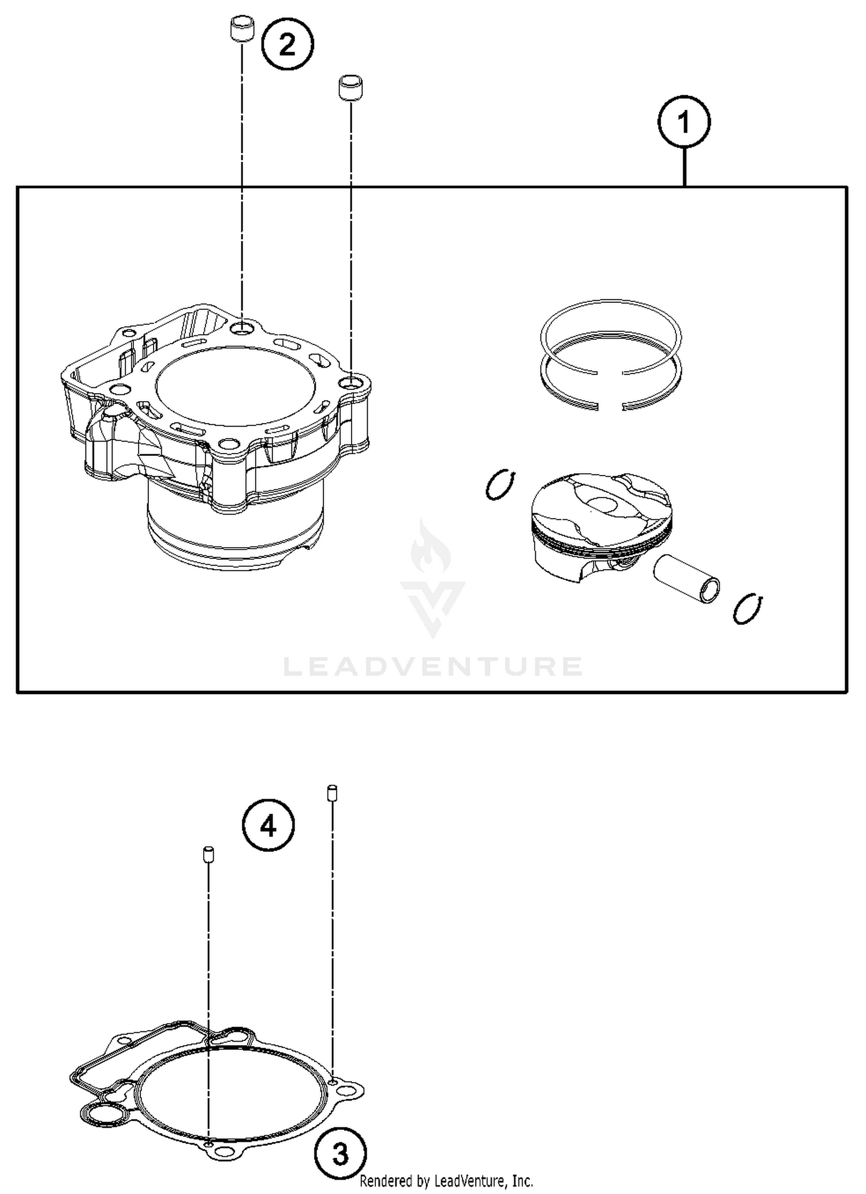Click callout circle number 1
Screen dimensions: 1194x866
tap(684, 122)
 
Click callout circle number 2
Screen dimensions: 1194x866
tap(288, 44)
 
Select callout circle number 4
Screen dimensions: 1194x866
tap(268, 825)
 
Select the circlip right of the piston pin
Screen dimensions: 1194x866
tap(748, 608)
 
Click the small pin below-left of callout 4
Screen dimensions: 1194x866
tap(208, 855)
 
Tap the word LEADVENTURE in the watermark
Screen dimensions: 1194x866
tap(433, 667)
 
